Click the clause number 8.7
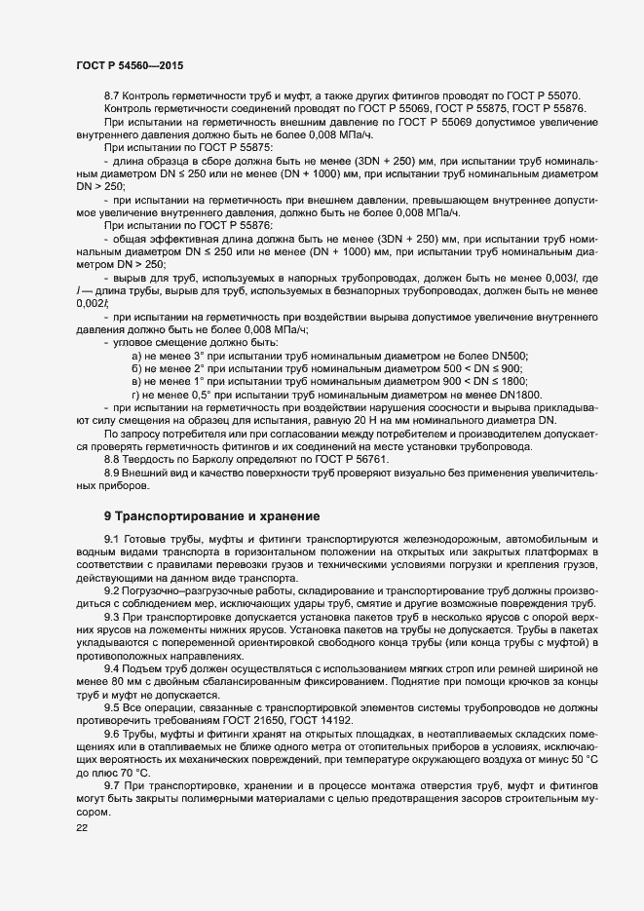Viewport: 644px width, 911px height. pyautogui.click(x=112, y=96)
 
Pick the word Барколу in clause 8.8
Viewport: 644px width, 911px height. pyautogui.click(x=208, y=458)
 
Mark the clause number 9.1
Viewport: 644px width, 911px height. pyautogui.click(x=112, y=539)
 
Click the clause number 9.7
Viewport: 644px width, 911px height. pyautogui.click(x=112, y=785)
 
